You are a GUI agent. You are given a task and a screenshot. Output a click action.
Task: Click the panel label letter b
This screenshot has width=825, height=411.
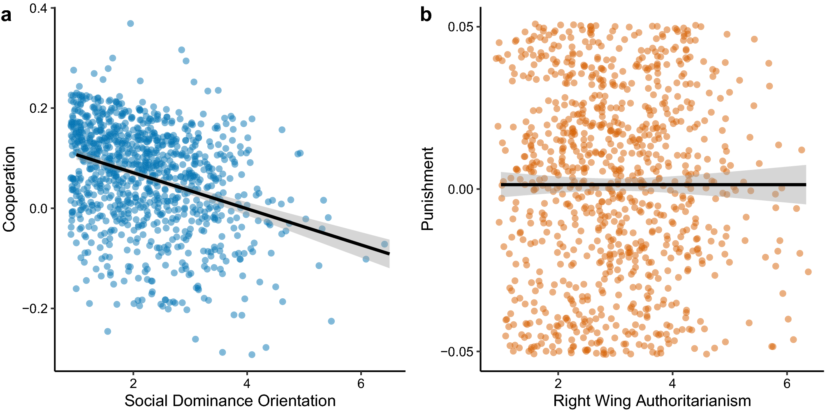point(426,16)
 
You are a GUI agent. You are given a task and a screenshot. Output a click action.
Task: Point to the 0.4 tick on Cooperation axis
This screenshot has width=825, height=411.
point(38,8)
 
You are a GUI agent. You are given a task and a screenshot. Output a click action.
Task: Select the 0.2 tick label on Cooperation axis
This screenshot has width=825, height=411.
point(38,108)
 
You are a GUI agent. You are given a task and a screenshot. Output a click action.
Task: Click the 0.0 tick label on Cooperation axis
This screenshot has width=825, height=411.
point(38,209)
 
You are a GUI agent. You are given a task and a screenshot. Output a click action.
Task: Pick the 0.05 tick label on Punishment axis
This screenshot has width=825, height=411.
point(461,27)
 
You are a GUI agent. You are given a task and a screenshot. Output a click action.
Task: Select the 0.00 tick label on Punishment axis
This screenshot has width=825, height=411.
point(461,189)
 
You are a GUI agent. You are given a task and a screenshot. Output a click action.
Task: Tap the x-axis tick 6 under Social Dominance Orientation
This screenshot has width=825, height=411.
point(361,383)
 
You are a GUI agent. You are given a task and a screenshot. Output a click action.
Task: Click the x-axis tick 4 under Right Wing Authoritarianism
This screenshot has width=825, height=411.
point(672,383)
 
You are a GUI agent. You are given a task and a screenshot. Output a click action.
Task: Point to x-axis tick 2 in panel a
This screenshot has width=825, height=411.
point(133,383)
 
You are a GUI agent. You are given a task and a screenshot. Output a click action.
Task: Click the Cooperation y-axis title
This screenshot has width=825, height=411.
point(9,189)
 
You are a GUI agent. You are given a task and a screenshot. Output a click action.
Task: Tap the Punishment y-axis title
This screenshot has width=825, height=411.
point(428,189)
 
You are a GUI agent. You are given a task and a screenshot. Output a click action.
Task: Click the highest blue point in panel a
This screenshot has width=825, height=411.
point(130,23)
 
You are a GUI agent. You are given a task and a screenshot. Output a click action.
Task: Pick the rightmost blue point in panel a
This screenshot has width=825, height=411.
point(385,244)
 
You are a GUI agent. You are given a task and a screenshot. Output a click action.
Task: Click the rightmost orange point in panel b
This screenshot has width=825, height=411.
point(808,272)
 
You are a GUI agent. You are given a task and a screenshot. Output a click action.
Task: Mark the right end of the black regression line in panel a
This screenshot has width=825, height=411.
point(389,254)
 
